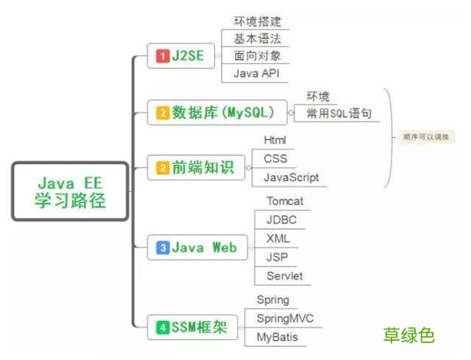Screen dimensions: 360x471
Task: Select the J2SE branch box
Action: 180,56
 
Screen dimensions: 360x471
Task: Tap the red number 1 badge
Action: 163,56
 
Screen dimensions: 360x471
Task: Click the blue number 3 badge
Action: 162,248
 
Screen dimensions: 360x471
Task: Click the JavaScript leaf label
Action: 291,177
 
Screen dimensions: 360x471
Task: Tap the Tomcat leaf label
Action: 285,201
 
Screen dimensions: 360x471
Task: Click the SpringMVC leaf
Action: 285,318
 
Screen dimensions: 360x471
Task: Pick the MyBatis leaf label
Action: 277,336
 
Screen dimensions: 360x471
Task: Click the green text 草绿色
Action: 408,336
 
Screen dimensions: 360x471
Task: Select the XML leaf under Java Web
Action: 278,239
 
